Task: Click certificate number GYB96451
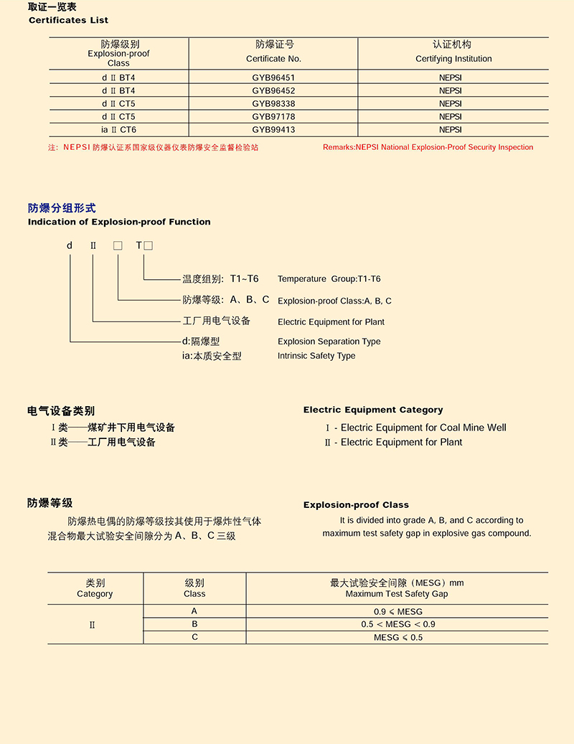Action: tap(273, 77)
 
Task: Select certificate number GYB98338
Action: tap(273, 103)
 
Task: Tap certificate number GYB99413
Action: tap(273, 130)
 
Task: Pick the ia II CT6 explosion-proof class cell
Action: tap(118, 130)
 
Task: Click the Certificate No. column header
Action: tap(273, 52)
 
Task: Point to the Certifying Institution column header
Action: tap(453, 52)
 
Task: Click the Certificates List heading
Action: tap(68, 20)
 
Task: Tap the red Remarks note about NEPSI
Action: tap(428, 147)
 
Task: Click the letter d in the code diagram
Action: tap(70, 245)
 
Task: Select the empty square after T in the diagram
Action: tap(149, 246)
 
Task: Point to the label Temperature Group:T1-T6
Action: tap(329, 278)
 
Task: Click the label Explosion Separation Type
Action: tap(329, 342)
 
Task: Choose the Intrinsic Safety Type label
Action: tap(316, 356)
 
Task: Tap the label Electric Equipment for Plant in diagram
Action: tap(331, 322)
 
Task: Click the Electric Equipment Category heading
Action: tap(373, 410)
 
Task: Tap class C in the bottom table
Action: tap(194, 637)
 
